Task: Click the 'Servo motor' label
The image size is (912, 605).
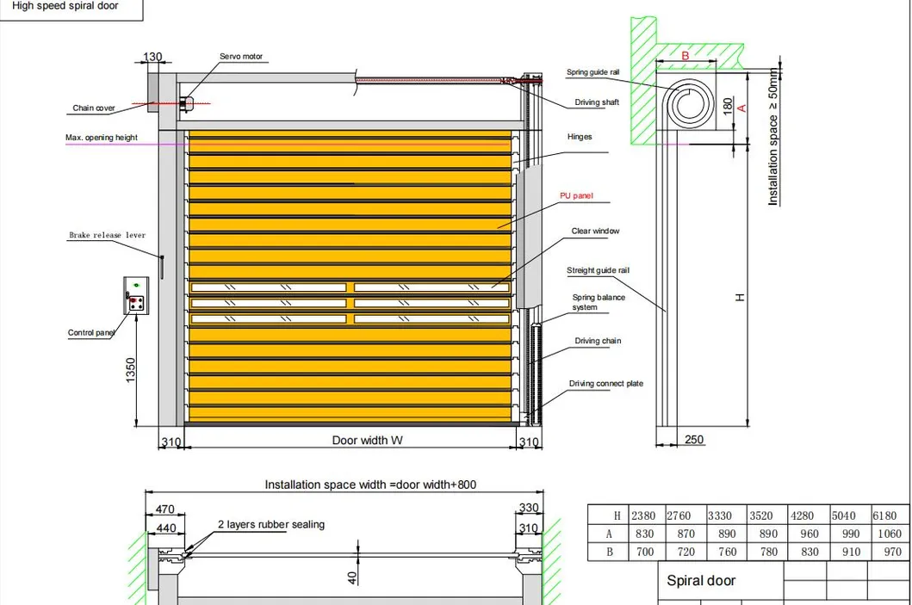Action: (x=240, y=57)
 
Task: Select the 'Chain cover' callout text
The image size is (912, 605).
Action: (x=94, y=108)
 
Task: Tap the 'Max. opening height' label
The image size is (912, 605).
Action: (x=102, y=138)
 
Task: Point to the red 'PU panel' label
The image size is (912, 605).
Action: (x=577, y=196)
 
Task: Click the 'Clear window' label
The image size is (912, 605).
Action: (x=595, y=232)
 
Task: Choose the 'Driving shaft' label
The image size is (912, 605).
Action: (x=597, y=103)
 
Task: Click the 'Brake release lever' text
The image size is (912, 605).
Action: (x=108, y=235)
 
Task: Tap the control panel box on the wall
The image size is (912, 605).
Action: (x=136, y=294)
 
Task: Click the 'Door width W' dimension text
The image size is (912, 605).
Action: (x=368, y=441)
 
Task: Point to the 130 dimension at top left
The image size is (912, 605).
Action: (x=152, y=58)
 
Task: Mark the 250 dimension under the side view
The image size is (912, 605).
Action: (x=693, y=440)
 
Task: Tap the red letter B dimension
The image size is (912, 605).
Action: (x=686, y=56)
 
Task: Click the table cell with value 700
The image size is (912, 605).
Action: (x=643, y=552)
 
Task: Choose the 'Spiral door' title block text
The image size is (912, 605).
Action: (x=701, y=581)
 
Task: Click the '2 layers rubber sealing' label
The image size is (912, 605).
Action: (x=271, y=524)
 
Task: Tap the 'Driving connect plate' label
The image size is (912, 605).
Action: (x=606, y=384)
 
